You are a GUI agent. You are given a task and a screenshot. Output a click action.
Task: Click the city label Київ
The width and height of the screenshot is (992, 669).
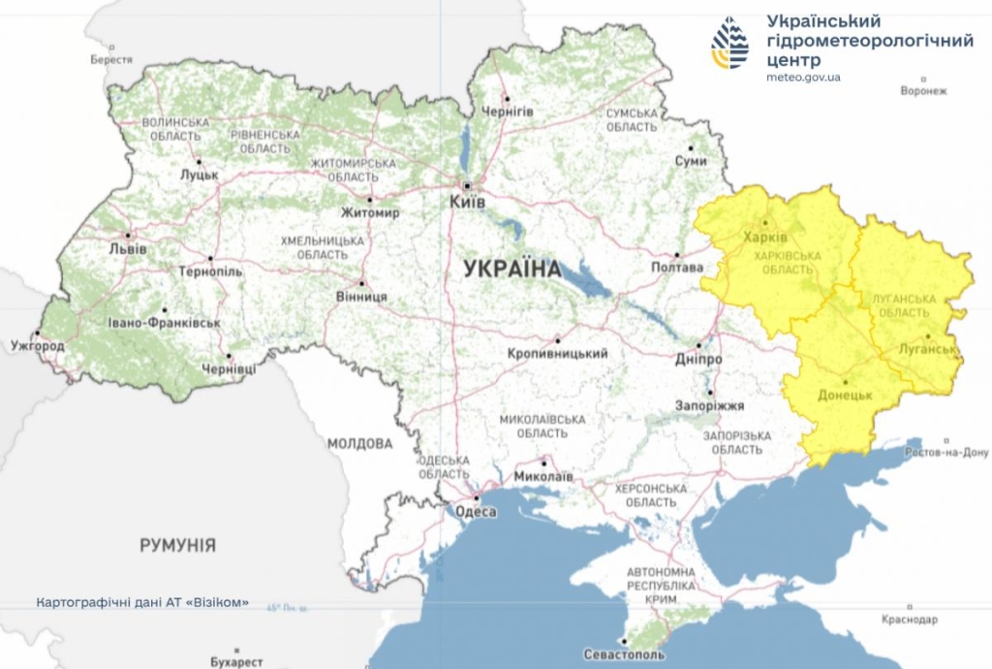[x=467, y=202]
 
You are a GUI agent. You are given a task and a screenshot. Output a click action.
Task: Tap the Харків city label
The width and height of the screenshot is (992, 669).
[x=765, y=237]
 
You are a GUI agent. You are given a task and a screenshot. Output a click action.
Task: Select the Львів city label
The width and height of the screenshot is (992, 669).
[x=128, y=249]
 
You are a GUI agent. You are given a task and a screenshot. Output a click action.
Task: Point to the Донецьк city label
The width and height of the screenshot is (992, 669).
[x=846, y=396]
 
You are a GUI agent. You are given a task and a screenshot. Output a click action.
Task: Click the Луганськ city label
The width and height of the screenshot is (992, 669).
[x=927, y=349]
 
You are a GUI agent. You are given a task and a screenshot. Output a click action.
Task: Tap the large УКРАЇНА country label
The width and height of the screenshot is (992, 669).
[x=512, y=269]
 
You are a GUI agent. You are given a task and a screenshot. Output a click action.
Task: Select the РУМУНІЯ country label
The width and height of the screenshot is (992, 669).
[x=177, y=545]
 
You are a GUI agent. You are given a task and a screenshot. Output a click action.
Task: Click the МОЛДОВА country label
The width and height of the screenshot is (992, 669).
[x=359, y=444]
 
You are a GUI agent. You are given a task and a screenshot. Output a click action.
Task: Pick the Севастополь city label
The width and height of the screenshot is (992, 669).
[x=625, y=655]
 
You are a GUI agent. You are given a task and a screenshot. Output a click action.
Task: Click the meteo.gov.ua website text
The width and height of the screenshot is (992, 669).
[x=803, y=77]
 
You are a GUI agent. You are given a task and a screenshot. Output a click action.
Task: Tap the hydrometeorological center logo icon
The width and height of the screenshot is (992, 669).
[x=729, y=43]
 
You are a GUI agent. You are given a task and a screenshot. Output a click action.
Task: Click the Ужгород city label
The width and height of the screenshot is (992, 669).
[x=38, y=346]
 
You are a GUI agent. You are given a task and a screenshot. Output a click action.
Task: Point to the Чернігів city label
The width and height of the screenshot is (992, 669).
[x=508, y=111]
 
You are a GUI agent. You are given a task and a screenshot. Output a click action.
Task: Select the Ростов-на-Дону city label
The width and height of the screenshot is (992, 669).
[x=946, y=452]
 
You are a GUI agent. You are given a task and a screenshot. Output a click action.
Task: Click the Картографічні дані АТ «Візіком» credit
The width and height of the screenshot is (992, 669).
[x=142, y=602]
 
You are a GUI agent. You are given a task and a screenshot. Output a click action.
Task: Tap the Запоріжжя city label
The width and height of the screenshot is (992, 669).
[x=711, y=406]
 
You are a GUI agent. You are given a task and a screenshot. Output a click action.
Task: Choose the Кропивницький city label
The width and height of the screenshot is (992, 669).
[x=558, y=354]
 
